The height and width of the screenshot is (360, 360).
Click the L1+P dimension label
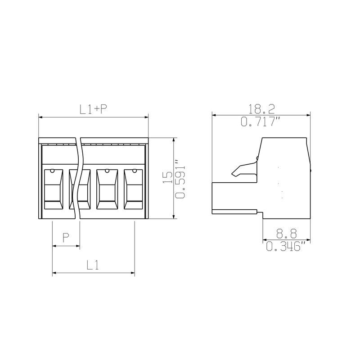(93, 109)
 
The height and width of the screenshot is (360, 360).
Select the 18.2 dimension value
(262, 109)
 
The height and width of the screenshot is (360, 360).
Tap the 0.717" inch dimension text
(261, 121)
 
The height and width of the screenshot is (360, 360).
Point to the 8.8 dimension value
(286, 234)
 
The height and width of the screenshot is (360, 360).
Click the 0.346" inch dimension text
(286, 246)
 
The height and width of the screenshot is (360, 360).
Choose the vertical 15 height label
(167, 177)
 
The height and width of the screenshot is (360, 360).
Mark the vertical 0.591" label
(180, 179)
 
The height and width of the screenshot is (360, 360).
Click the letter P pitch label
(66, 238)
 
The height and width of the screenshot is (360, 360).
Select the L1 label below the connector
(93, 265)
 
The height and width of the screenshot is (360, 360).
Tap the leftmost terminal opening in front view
(53, 189)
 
